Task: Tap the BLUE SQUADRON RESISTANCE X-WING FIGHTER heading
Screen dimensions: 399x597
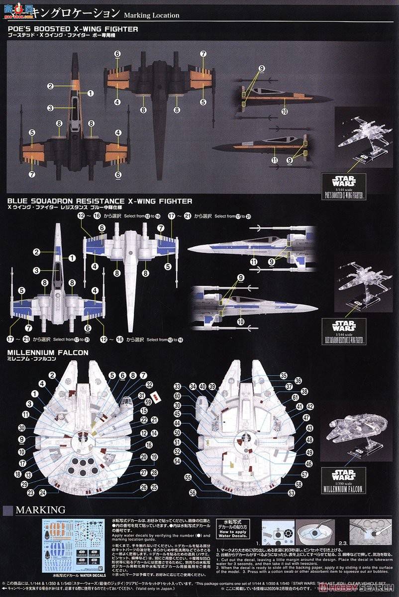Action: [100, 201]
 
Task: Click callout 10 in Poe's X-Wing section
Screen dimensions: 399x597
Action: [285, 112]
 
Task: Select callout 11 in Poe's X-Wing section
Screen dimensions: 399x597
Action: [274, 160]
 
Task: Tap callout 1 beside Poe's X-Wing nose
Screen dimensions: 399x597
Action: [91, 93]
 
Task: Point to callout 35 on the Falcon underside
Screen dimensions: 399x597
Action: [297, 376]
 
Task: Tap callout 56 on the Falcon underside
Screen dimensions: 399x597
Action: [193, 493]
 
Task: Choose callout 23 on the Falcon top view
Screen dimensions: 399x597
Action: [31, 493]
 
